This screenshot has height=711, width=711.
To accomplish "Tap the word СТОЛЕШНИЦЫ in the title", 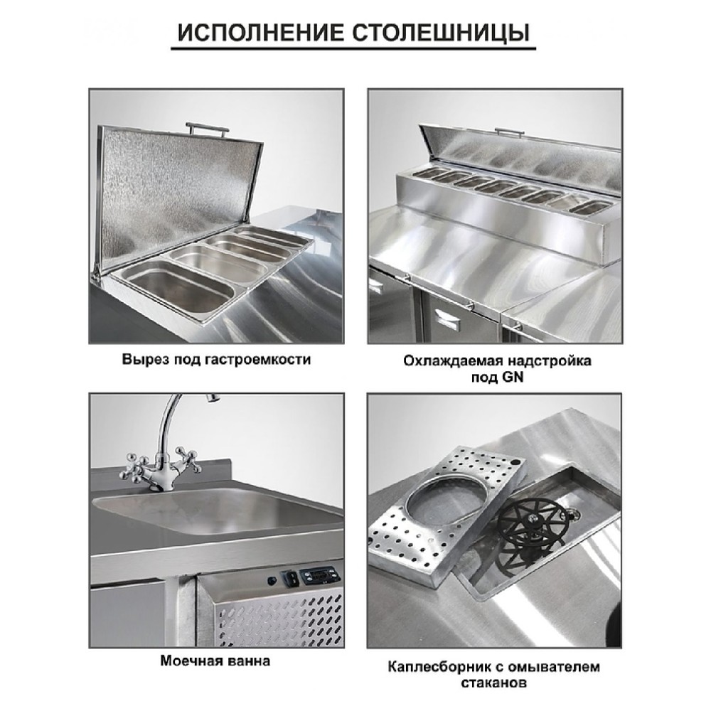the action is [x=442, y=33].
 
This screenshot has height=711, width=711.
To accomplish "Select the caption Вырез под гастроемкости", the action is [x=216, y=360].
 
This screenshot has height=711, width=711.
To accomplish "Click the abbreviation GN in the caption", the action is [x=513, y=378].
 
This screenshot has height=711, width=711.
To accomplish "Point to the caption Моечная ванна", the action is [x=215, y=661].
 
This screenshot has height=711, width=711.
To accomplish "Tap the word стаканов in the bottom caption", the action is [x=494, y=683].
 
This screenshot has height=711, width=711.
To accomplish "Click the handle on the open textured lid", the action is [x=205, y=128].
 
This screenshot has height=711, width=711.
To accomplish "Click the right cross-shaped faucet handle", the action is [x=187, y=460].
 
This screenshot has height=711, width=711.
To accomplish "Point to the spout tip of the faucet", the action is [x=212, y=397].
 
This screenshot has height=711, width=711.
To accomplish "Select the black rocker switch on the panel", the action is [x=291, y=577].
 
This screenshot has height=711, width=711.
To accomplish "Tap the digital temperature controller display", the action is [x=321, y=574].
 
